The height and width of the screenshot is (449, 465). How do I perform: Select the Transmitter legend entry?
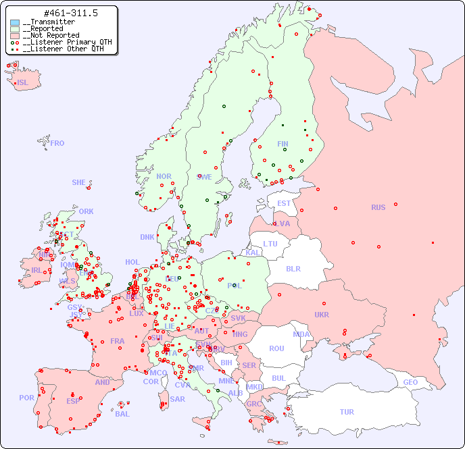(x=48, y=22)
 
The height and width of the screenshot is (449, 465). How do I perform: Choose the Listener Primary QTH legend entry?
(x=62, y=42)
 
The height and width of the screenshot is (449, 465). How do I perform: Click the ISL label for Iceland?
(x=23, y=83)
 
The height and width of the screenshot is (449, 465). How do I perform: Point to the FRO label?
(x=57, y=143)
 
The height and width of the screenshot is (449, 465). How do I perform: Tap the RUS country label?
(x=378, y=207)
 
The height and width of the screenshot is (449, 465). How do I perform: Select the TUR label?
(x=347, y=412)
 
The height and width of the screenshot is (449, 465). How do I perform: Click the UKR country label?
(x=322, y=315)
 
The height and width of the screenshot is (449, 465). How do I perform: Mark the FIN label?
(x=283, y=144)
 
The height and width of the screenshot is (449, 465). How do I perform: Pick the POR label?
(x=26, y=398)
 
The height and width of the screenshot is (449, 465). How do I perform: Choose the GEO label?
(x=410, y=382)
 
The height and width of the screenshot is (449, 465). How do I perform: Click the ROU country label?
(x=276, y=348)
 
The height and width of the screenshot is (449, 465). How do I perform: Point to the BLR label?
(x=293, y=268)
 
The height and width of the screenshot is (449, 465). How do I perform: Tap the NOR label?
(x=164, y=176)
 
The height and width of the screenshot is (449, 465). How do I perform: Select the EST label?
(x=284, y=203)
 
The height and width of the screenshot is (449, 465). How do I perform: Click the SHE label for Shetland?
(x=79, y=182)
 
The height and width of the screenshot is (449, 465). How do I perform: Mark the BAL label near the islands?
(x=122, y=414)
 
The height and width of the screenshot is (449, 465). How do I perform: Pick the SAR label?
(x=178, y=398)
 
